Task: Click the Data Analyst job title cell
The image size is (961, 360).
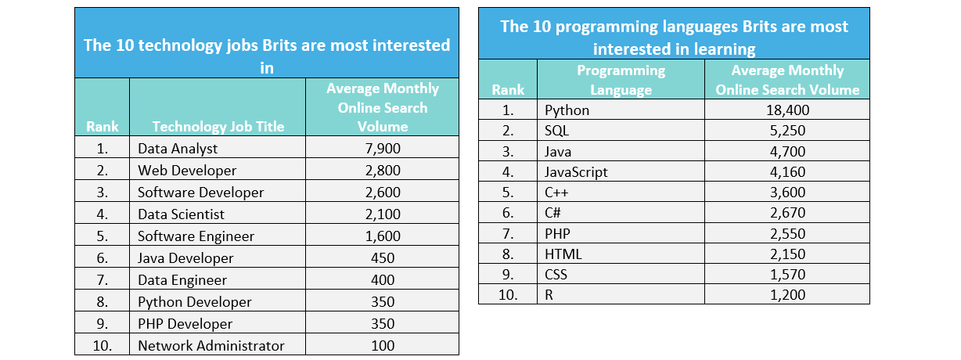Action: (178, 148)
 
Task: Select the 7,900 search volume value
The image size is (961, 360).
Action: (382, 148)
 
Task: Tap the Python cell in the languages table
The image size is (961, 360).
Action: (567, 110)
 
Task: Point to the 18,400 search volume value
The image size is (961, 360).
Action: (787, 110)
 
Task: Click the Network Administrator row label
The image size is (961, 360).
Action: (211, 345)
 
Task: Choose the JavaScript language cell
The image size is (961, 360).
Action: (576, 171)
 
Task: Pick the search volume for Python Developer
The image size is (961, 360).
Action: (382, 301)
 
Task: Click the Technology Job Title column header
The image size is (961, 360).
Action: (218, 126)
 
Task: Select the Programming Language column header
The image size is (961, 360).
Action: (621, 80)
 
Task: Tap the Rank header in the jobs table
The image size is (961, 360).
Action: (103, 126)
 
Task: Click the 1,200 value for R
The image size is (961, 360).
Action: (787, 294)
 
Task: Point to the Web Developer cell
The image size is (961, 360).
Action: (186, 170)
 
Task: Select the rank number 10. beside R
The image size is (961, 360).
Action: (509, 294)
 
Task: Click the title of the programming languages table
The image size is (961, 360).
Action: (674, 37)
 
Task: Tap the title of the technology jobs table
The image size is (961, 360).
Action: (267, 56)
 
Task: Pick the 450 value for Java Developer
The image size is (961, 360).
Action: (382, 257)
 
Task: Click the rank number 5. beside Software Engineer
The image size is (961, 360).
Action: (103, 236)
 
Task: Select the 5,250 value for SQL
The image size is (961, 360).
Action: (787, 131)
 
